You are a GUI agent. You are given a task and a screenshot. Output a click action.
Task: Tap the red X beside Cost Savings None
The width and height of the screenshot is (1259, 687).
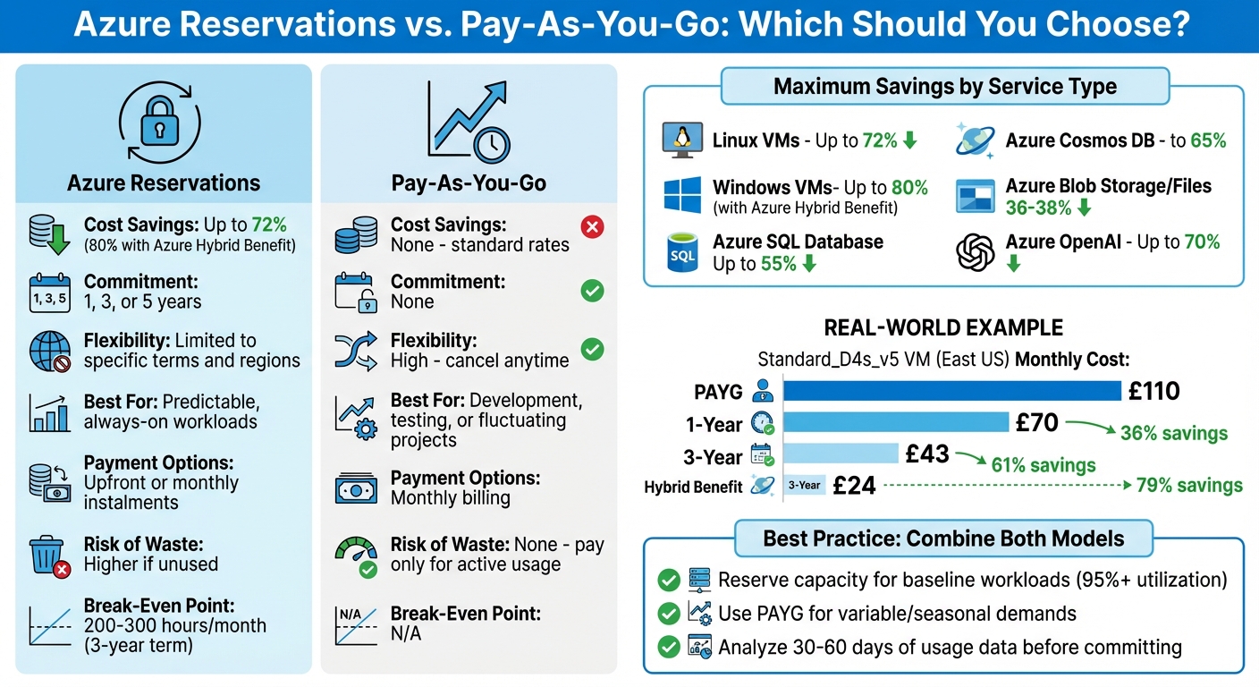pos(592,227)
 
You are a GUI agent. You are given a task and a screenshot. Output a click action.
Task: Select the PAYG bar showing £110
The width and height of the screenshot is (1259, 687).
pos(951,391)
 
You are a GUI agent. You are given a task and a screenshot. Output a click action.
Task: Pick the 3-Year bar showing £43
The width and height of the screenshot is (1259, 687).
pos(841,454)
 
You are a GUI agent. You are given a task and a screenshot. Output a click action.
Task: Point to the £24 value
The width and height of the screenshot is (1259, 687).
pos(854,486)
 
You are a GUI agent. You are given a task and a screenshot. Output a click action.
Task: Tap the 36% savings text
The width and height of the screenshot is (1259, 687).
pos(1173,434)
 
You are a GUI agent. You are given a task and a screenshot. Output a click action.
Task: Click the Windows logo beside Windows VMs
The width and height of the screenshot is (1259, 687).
pos(682,196)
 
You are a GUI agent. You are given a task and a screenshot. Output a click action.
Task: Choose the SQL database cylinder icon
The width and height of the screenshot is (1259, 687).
pos(682,252)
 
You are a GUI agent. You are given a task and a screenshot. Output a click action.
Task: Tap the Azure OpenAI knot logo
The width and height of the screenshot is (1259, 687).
pos(975,252)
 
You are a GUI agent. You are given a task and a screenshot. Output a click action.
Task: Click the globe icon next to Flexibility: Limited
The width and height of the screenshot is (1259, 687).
pos(48,351)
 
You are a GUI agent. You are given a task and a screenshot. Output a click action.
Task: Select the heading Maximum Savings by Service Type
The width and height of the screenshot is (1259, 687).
pos(944,87)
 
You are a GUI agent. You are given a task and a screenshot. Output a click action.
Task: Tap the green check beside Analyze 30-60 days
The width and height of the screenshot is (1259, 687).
pos(668,647)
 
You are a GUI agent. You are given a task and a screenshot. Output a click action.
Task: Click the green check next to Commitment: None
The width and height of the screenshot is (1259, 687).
pos(592,291)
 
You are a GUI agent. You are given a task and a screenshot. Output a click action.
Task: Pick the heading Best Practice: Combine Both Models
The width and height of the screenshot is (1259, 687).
pos(942,539)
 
